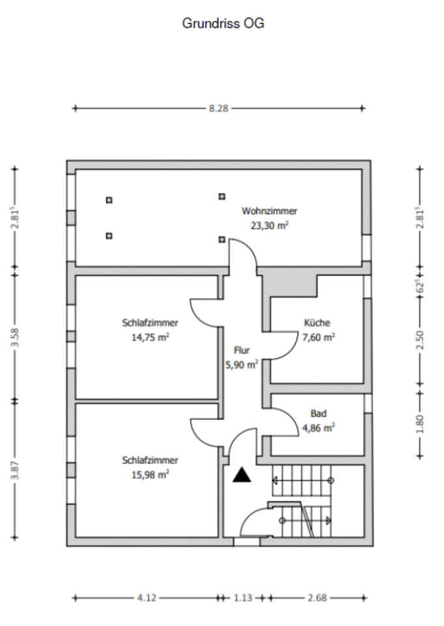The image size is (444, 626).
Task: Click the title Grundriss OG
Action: pos(223,23)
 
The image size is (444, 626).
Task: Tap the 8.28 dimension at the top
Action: pos(219,108)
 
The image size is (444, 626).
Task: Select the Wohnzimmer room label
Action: pos(269,211)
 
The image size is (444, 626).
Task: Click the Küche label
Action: pos(317,323)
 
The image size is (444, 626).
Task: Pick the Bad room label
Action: pos(318,413)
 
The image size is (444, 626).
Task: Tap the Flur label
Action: pos(242,351)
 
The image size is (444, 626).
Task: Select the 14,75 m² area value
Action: pos(150,337)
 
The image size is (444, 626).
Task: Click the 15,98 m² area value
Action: pos(150,475)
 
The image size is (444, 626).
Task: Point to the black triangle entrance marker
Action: pos(242,475)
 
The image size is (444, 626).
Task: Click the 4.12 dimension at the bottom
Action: pos(147,598)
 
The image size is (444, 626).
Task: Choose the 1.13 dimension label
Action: pos(243,598)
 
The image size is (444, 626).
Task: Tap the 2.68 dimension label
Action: pos(318,598)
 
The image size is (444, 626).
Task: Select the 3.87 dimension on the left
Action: pos(15,471)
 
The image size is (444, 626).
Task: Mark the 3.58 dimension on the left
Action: pos(15,337)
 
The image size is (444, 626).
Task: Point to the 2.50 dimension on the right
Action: pos(420,340)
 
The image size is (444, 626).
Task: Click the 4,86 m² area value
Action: pos(318,428)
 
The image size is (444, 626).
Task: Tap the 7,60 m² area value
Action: pos(318,337)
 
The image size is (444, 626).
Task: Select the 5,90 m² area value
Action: pos(242,365)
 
